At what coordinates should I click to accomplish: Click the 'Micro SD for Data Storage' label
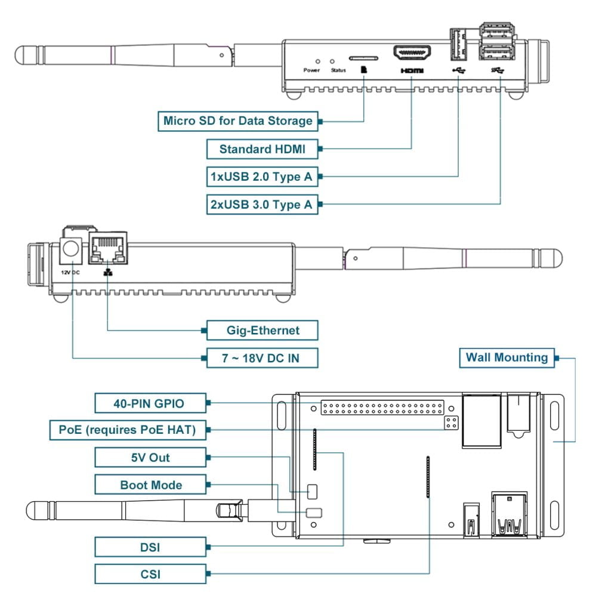[x=237, y=121]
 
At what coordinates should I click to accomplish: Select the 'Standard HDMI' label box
[x=262, y=149]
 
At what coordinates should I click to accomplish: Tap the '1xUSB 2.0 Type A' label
[x=262, y=177]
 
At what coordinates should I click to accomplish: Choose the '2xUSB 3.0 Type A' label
[x=262, y=205]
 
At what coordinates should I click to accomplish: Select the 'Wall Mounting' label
[x=507, y=358]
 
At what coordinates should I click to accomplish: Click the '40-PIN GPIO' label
[x=150, y=403]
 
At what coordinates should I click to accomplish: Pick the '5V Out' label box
[x=150, y=458]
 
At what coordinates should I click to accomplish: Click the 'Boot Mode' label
[x=150, y=485]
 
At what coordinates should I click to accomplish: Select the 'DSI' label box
[x=150, y=546]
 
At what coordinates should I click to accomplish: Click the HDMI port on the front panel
[x=412, y=54]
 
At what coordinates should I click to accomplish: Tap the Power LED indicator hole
[x=317, y=61]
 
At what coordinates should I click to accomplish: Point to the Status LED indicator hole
[x=332, y=61]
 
